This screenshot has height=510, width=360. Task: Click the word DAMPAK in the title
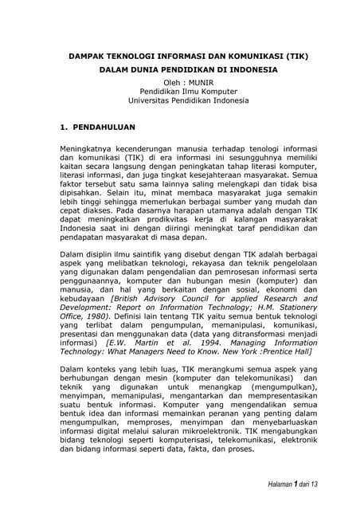point(85,57)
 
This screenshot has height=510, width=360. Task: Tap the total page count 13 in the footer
point(314,484)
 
